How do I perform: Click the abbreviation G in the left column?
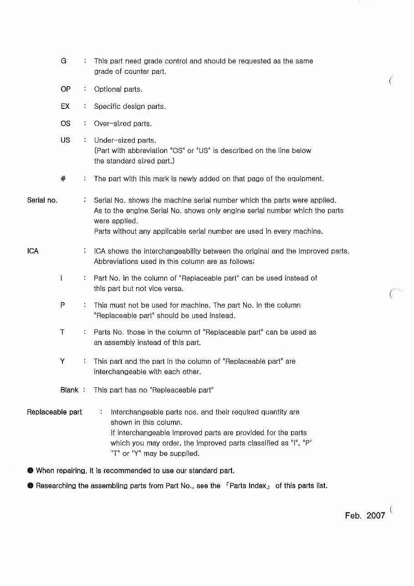(64, 61)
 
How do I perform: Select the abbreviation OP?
(66, 89)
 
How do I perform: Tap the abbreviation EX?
(65, 106)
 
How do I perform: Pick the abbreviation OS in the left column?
(66, 123)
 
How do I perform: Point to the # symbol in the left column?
(63, 179)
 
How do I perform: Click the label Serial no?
(42, 200)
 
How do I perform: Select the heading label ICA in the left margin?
(33, 251)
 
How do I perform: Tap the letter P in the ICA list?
(62, 305)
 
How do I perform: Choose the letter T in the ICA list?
(62, 332)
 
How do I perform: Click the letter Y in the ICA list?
(62, 361)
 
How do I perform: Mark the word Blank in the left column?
(69, 390)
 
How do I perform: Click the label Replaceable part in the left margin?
(54, 412)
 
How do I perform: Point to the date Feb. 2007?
(365, 515)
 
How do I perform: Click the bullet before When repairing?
(30, 470)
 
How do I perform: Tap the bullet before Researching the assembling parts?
(30, 486)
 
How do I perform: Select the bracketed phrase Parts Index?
(248, 486)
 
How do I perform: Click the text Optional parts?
(118, 89)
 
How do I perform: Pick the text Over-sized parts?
(123, 123)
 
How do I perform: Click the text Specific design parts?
(129, 106)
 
